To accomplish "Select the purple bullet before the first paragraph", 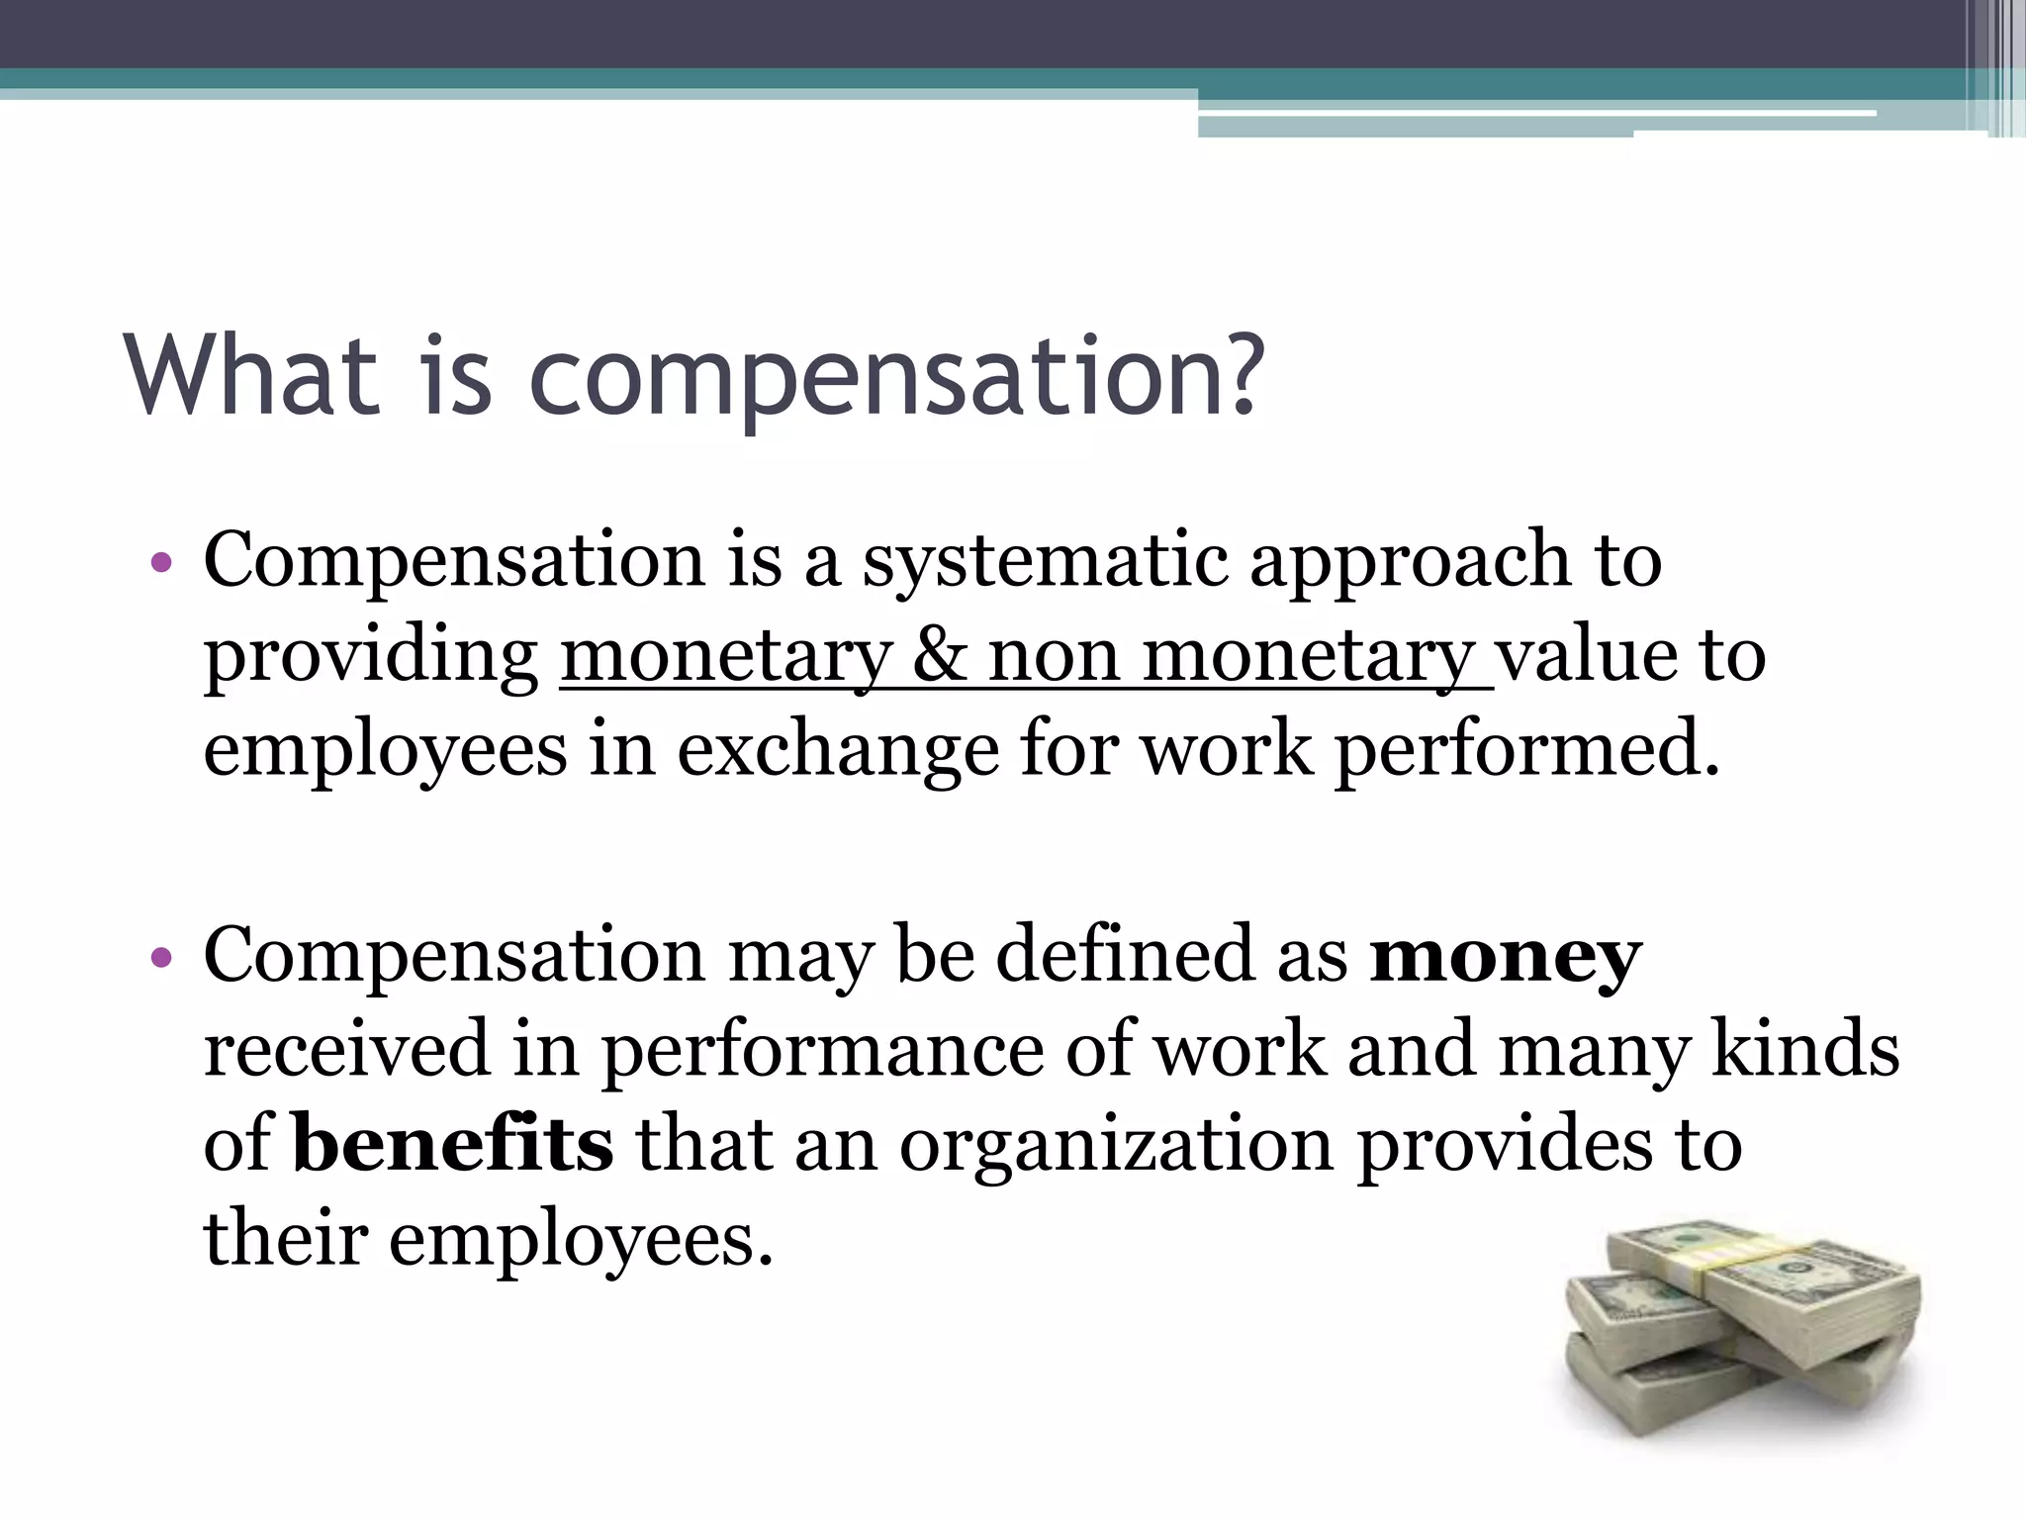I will (162, 565).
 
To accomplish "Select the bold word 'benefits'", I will (453, 1144).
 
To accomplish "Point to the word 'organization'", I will (1117, 1146).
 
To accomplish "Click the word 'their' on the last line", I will (286, 1239).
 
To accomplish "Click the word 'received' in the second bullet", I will (347, 1049).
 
